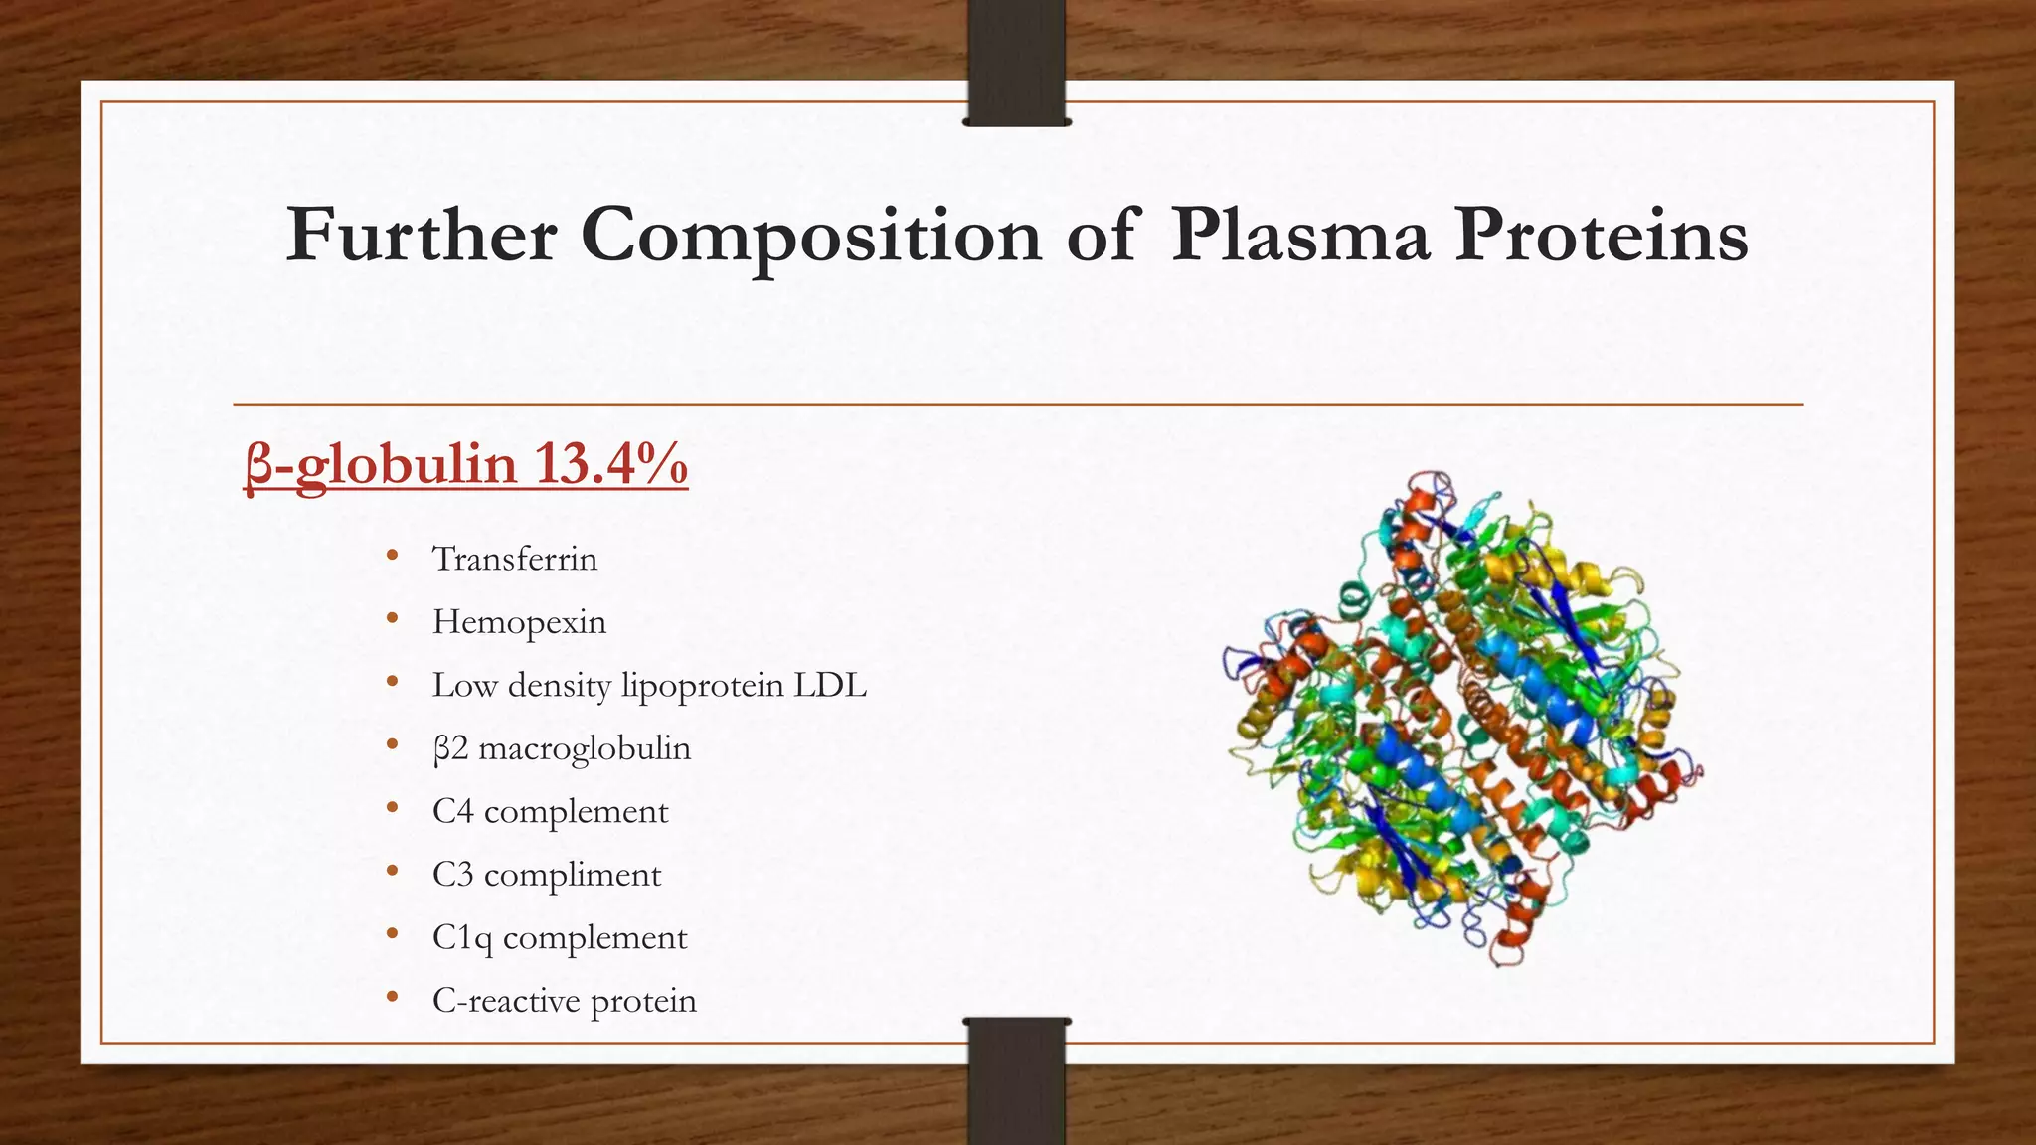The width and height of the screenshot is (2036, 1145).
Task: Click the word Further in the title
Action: [x=421, y=235]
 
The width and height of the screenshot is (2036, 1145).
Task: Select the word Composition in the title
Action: [x=810, y=237]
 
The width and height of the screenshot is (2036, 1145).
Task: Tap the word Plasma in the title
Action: [x=1300, y=235]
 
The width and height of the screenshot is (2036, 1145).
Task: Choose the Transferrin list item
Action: [x=515, y=559]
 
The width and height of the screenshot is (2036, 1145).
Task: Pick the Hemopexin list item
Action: [x=519, y=622]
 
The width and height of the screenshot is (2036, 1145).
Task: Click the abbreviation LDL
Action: [x=830, y=685]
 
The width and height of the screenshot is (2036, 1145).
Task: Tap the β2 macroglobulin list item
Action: [x=562, y=748]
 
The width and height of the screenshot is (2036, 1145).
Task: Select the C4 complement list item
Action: [x=550, y=811]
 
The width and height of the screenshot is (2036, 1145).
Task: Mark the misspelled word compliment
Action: [x=573, y=875]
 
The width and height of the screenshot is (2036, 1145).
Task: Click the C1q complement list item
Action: [x=560, y=937]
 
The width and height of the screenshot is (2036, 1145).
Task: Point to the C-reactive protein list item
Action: [x=565, y=1001]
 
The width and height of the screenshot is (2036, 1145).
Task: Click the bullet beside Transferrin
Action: [x=393, y=556]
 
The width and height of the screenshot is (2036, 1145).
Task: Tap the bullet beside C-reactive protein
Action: [x=393, y=997]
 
